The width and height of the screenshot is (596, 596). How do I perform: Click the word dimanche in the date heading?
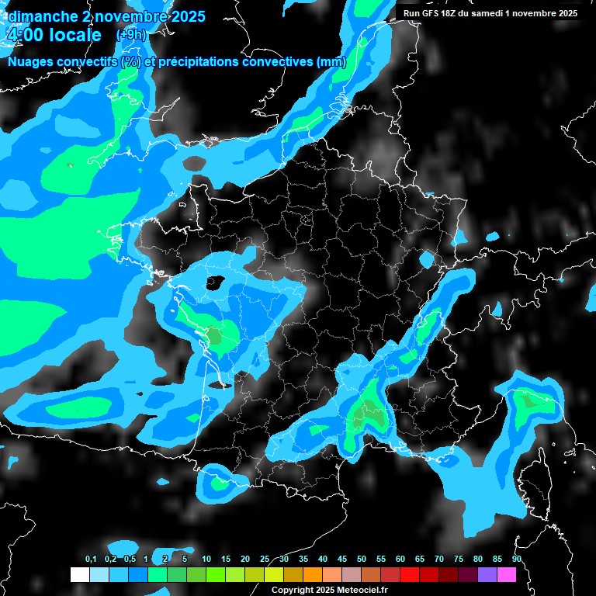(x=43, y=16)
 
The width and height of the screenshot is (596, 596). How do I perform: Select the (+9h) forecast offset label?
(x=130, y=35)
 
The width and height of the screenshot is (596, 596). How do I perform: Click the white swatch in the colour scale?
(x=79, y=574)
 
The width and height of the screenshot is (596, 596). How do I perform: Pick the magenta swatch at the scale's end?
(x=506, y=574)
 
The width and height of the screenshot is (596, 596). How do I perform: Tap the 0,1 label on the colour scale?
(x=90, y=559)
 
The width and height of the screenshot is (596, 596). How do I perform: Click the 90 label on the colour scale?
(x=516, y=559)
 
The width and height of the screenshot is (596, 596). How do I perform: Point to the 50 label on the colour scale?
(x=362, y=559)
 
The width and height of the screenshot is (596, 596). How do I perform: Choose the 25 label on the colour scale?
(x=265, y=559)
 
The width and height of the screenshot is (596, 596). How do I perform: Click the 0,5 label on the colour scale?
(x=130, y=559)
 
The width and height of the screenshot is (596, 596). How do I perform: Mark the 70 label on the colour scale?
(x=439, y=559)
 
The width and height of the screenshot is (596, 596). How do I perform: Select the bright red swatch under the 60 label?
(x=409, y=574)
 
